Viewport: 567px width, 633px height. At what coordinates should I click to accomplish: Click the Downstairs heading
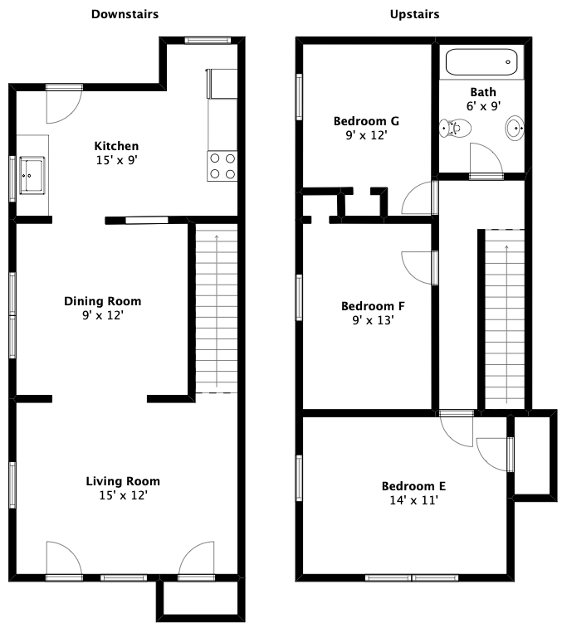[125, 14]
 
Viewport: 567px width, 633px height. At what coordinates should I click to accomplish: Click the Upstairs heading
[415, 15]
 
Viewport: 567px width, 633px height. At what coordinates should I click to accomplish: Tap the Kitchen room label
[116, 146]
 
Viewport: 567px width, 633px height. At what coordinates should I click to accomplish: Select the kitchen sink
[32, 176]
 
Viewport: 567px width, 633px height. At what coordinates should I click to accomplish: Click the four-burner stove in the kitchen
[222, 166]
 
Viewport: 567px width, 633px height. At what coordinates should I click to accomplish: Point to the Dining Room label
[103, 301]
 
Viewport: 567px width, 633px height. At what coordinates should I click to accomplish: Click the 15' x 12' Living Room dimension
[123, 495]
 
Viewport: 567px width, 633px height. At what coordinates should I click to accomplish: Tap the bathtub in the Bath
[481, 62]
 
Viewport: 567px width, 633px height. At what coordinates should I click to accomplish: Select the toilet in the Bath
[455, 129]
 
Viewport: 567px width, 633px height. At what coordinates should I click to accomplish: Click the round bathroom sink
[515, 128]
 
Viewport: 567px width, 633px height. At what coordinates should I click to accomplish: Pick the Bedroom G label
[366, 121]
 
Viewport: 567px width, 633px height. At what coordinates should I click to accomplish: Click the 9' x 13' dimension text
[373, 320]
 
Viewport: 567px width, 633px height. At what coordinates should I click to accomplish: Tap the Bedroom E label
[414, 486]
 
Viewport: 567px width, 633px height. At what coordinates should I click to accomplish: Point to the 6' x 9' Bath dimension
[483, 106]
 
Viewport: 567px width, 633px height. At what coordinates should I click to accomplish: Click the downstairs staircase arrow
[217, 311]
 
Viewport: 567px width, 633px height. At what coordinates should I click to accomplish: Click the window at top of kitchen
[208, 41]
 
